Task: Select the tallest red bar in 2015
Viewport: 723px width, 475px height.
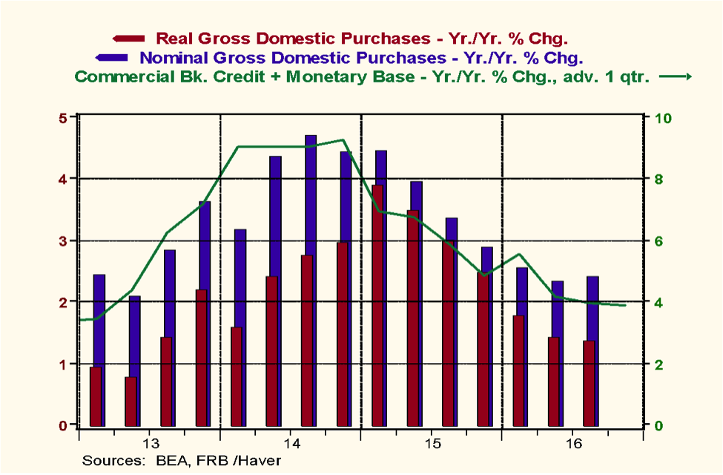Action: [378, 304]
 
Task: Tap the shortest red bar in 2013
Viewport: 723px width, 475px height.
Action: [131, 401]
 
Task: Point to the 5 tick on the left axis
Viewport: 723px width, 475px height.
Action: [63, 118]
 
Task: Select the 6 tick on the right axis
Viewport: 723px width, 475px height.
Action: [657, 241]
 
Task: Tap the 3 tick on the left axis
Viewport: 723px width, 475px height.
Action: [63, 241]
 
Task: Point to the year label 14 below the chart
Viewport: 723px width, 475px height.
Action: [291, 444]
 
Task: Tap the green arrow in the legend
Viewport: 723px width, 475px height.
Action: [676, 76]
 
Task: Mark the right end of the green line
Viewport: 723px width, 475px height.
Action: [626, 305]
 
